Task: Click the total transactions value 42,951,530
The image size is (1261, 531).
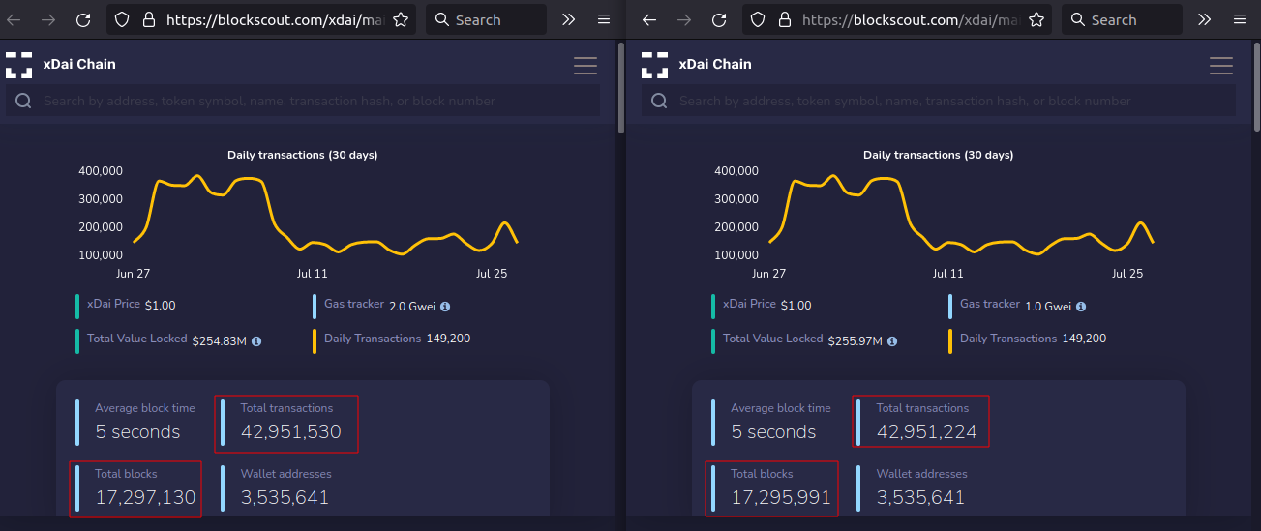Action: pos(290,432)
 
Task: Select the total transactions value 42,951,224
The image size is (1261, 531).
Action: pos(926,432)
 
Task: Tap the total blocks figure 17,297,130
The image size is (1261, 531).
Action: pos(145,498)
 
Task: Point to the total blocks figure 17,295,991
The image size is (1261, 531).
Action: pos(781,498)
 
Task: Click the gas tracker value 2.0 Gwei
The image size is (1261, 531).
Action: pos(412,307)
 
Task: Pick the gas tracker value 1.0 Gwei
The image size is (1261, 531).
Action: pos(1048,307)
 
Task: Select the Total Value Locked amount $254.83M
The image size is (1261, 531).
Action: pos(219,341)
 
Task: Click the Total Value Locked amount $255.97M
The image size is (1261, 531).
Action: pos(855,341)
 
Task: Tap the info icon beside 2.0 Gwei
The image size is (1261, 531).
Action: pos(445,307)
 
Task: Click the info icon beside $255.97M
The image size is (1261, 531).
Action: pos(892,341)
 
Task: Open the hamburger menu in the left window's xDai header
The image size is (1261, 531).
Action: pos(585,66)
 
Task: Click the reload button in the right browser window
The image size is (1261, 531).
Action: pos(719,19)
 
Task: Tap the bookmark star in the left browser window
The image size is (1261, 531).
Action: pos(401,19)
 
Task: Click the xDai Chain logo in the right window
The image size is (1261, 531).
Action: pos(655,65)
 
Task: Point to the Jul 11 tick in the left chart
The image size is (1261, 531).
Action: pos(312,274)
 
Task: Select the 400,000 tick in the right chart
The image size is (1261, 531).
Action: pos(736,171)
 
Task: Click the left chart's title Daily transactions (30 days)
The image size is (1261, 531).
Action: pos(303,155)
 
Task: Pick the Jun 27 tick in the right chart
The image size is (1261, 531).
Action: pos(768,274)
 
